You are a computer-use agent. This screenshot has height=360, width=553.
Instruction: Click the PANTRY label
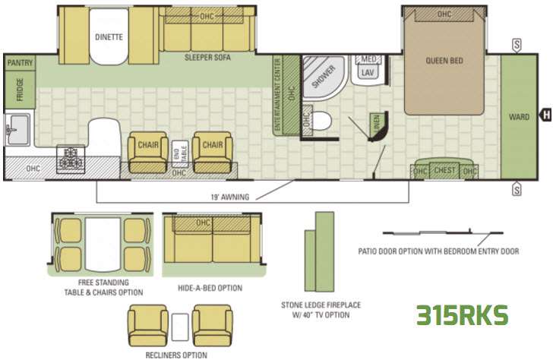(20, 63)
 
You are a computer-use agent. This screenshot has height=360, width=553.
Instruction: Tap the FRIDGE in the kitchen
(20, 90)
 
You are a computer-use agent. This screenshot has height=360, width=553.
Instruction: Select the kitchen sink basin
(17, 129)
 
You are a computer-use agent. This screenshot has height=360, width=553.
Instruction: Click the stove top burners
(71, 159)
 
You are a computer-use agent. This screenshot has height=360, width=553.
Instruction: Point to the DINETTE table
(109, 36)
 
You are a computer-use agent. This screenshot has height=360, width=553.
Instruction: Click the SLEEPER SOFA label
(207, 58)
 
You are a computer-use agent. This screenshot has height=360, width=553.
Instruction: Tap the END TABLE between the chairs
(180, 153)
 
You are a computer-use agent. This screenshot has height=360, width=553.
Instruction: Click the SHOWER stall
(324, 77)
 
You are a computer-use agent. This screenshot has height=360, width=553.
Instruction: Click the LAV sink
(368, 72)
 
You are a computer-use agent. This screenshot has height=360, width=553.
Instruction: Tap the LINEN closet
(378, 126)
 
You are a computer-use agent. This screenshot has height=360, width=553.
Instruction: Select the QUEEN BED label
(444, 61)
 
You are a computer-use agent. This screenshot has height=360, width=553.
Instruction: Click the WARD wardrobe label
(519, 117)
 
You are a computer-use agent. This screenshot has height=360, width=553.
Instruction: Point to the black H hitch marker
(546, 115)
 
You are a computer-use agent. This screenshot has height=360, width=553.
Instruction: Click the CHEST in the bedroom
(444, 170)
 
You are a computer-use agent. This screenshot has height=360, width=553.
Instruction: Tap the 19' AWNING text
(230, 197)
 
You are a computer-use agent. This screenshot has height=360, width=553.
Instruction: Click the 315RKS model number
(462, 315)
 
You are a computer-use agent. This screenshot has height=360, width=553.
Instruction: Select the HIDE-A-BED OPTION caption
(210, 288)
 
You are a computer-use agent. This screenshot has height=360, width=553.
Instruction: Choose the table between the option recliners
(180, 327)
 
